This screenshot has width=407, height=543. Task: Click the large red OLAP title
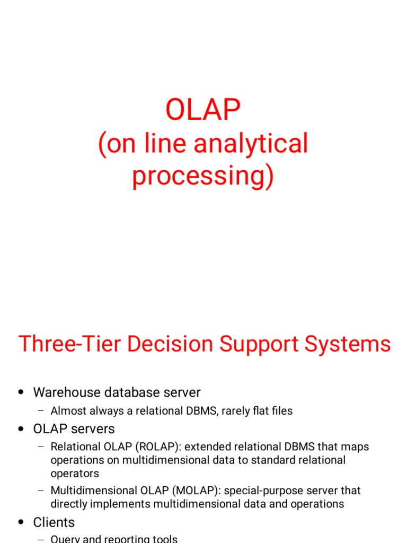(203, 110)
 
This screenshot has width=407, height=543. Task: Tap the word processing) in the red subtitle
(203, 176)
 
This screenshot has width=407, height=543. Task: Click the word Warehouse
(65, 392)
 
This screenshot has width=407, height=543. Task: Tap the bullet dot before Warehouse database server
(21, 393)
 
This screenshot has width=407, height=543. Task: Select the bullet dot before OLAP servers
(21, 428)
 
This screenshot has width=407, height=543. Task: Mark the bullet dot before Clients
(21, 523)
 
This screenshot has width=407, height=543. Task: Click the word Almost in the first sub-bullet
(67, 410)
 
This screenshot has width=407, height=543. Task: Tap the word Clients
(54, 522)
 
